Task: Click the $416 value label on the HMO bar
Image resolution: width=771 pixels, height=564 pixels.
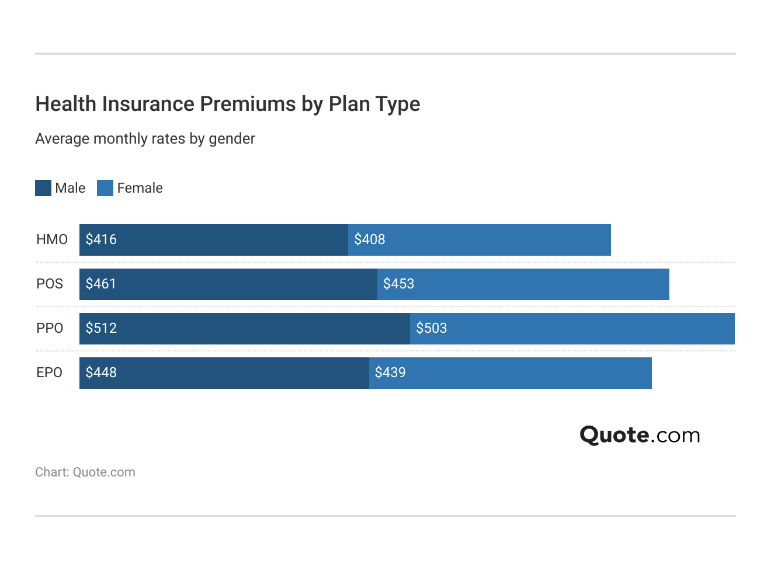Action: tap(101, 239)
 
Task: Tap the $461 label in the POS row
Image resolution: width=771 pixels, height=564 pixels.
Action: tap(101, 284)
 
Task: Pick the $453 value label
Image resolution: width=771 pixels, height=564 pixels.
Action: tap(398, 284)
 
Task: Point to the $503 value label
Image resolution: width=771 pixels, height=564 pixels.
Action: tap(431, 328)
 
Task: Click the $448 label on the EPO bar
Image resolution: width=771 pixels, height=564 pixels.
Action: tap(101, 372)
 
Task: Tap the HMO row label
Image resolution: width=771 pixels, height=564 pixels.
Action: tap(52, 239)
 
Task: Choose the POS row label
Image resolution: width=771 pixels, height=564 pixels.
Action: tap(50, 284)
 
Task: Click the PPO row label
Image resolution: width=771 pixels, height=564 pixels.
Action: tap(50, 328)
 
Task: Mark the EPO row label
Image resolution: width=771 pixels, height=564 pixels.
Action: tap(50, 372)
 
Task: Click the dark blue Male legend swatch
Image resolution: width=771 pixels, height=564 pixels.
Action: tap(43, 188)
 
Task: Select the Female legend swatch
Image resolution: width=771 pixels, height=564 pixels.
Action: tap(105, 188)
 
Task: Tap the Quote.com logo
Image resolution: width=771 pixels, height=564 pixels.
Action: tap(640, 435)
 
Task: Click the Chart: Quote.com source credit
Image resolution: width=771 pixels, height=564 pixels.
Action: tap(85, 472)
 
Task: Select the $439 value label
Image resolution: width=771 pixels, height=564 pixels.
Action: tap(390, 372)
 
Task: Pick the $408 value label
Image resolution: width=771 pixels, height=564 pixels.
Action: tap(370, 239)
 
